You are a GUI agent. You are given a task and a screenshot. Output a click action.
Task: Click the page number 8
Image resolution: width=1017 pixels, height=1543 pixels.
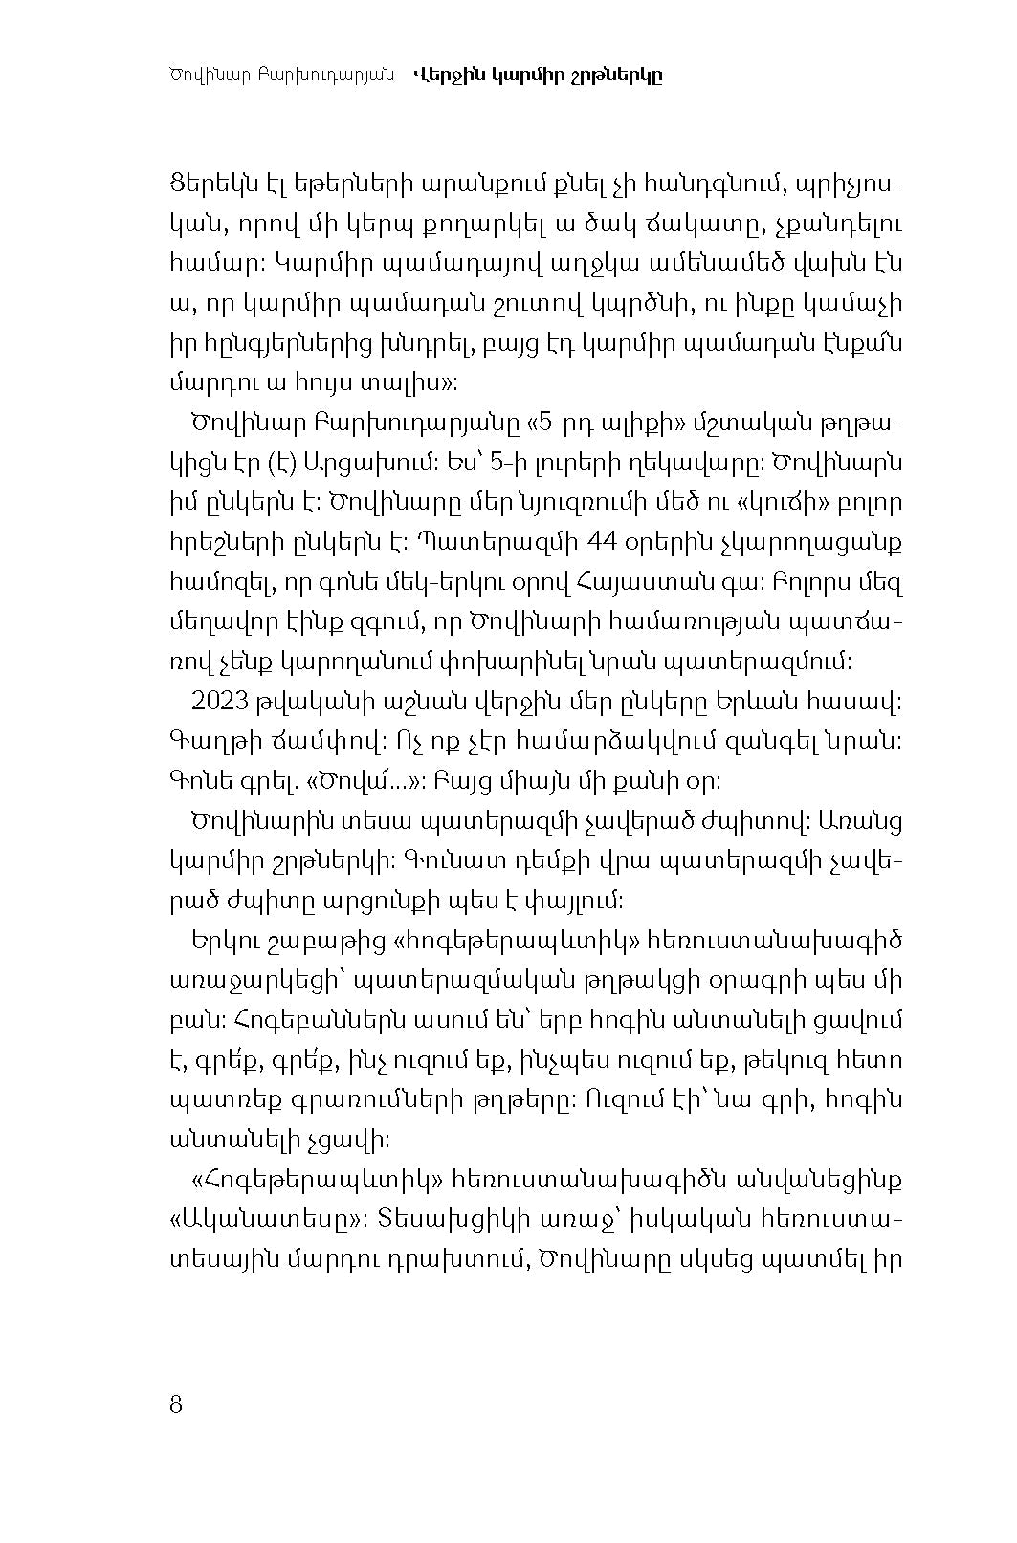pyautogui.click(x=175, y=1404)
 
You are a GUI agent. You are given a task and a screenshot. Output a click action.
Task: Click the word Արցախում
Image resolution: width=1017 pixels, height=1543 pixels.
pyautogui.click(x=377, y=463)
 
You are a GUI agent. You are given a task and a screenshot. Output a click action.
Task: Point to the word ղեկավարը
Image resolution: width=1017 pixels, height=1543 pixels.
pyautogui.click(x=684, y=463)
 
